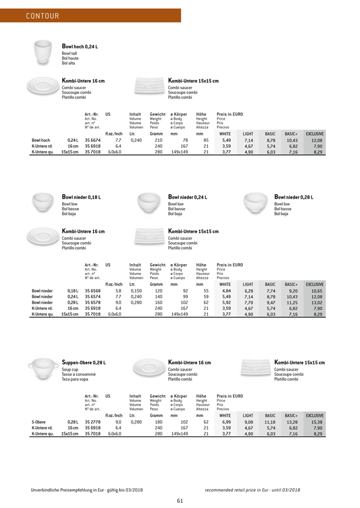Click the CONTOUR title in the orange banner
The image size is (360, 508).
click(x=42, y=16)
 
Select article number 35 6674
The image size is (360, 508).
click(x=93, y=140)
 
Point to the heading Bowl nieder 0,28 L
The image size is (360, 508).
click(x=293, y=198)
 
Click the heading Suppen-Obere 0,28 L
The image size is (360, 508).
click(x=84, y=363)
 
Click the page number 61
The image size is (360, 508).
click(x=180, y=500)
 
